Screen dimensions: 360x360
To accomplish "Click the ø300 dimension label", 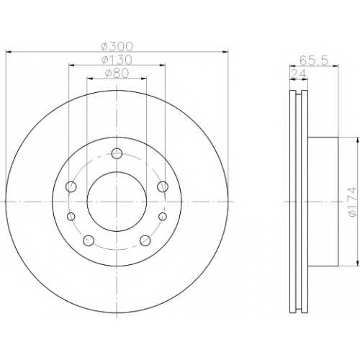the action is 117,47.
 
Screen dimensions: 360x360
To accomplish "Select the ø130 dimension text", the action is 117,60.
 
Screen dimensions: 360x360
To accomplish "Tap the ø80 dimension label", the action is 117,73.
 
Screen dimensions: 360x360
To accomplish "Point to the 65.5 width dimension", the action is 314,60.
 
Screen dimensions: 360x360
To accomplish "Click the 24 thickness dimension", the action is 299,74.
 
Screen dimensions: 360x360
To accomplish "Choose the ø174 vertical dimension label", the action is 355,202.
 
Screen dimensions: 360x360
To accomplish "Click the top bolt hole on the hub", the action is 117,153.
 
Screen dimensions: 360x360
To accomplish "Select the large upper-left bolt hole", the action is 71,186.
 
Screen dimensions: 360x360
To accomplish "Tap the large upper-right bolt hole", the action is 163,186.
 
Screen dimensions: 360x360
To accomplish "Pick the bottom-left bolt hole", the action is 89,240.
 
